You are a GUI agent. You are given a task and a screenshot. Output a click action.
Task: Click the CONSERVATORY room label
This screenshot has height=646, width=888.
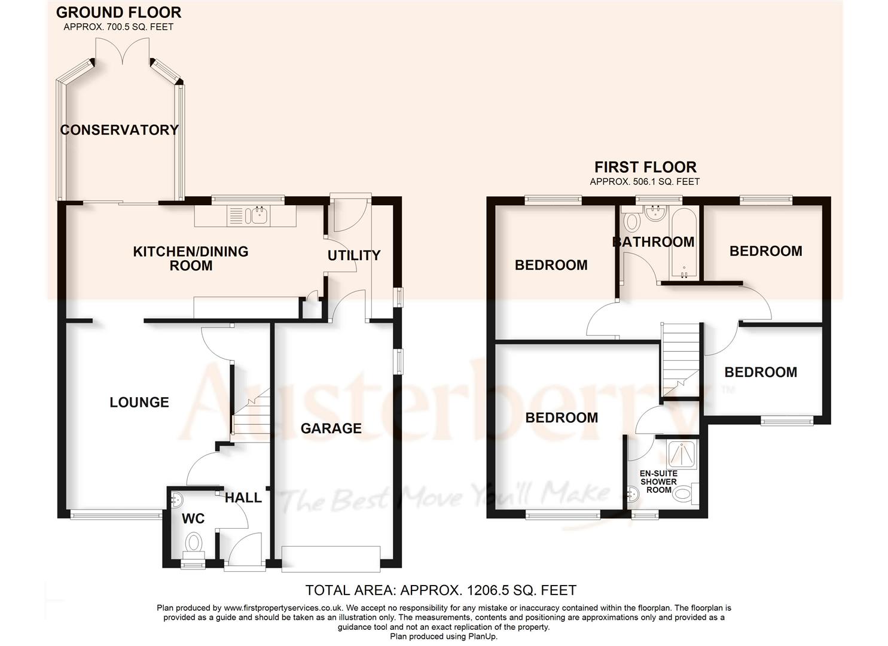(119, 130)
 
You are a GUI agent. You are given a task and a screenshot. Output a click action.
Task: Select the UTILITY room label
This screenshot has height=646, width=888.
(353, 255)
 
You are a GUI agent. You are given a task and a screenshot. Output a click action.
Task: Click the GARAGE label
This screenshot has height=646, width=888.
(331, 428)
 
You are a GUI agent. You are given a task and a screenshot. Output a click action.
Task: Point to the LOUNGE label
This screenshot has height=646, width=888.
(139, 403)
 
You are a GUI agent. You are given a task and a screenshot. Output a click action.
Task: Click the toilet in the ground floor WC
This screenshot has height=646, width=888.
(193, 544)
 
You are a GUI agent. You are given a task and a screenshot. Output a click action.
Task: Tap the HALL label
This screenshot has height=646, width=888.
(243, 498)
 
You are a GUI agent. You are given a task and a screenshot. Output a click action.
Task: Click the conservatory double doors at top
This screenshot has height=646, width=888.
(123, 51)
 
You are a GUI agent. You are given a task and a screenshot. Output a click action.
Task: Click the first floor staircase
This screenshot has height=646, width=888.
(679, 359)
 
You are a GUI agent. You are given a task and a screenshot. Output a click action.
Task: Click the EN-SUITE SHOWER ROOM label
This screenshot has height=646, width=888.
(658, 482)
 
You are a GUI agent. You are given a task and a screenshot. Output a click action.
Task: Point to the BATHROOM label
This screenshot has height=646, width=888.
(653, 242)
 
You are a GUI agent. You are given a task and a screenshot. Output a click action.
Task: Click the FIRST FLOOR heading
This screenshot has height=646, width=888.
(645, 167)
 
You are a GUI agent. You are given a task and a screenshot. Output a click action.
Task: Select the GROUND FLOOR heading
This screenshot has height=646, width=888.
(118, 13)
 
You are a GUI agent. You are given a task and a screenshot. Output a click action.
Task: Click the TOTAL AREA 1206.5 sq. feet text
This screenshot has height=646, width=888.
(441, 591)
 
